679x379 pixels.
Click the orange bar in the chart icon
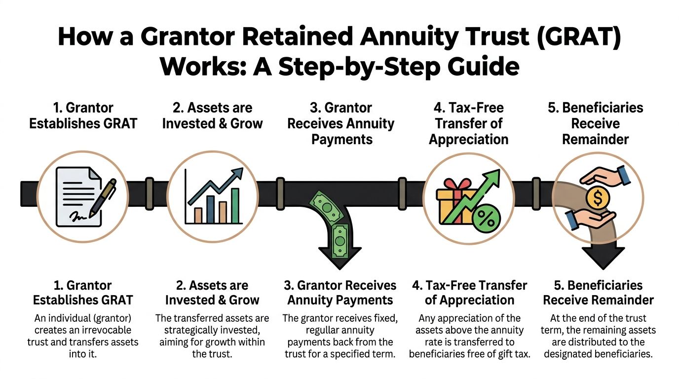tap(198, 215)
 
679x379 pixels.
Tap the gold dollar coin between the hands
tap(598, 198)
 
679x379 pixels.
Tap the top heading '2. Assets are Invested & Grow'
tap(212, 115)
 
